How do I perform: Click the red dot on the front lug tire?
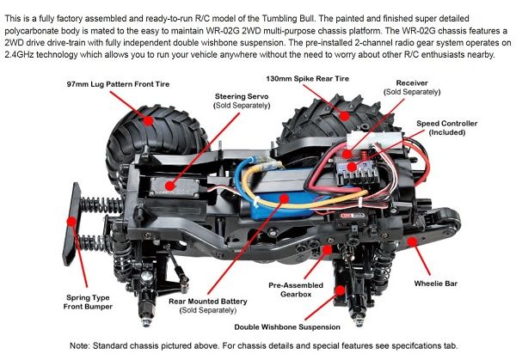tap(149, 121)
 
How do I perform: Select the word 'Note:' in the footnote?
tap(83, 345)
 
